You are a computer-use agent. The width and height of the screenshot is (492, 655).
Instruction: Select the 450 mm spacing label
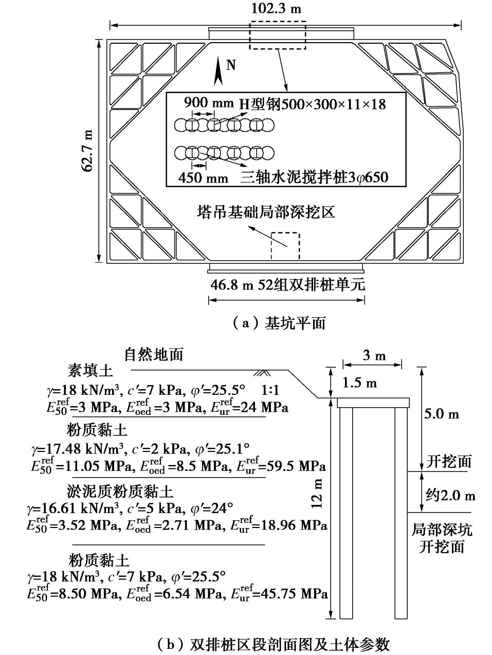point(204,178)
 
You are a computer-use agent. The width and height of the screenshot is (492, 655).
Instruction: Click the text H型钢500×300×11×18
point(312,104)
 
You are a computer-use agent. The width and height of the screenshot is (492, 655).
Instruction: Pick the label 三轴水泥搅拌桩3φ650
point(314,178)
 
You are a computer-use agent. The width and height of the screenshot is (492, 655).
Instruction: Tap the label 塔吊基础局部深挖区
point(267,211)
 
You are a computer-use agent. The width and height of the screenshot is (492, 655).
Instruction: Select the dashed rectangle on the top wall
point(278,35)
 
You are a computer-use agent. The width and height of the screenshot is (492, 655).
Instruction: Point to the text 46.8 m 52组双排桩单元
point(287,284)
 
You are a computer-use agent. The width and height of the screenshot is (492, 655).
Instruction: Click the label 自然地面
point(154,354)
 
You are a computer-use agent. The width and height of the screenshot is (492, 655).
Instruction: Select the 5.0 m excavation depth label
point(442,414)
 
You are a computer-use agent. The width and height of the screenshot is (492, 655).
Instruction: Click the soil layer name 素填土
point(90,370)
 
